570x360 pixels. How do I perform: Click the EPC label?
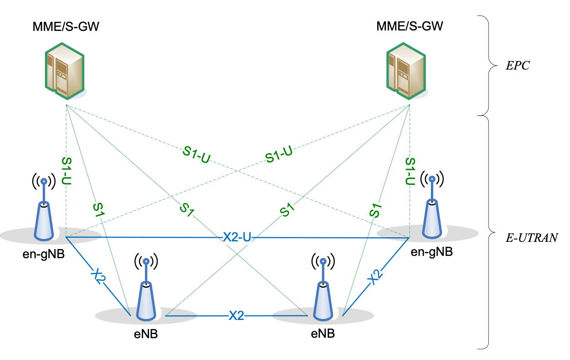(518, 65)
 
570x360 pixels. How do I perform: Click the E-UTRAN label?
(531, 238)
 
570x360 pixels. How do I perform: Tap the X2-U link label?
(237, 237)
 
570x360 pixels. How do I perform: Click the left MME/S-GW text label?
(66, 26)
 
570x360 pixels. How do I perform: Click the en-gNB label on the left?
(44, 254)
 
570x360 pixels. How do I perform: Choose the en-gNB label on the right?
(431, 252)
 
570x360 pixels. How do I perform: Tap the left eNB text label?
(146, 335)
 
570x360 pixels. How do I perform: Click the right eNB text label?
(323, 334)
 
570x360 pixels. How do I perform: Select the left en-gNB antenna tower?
(44, 214)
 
